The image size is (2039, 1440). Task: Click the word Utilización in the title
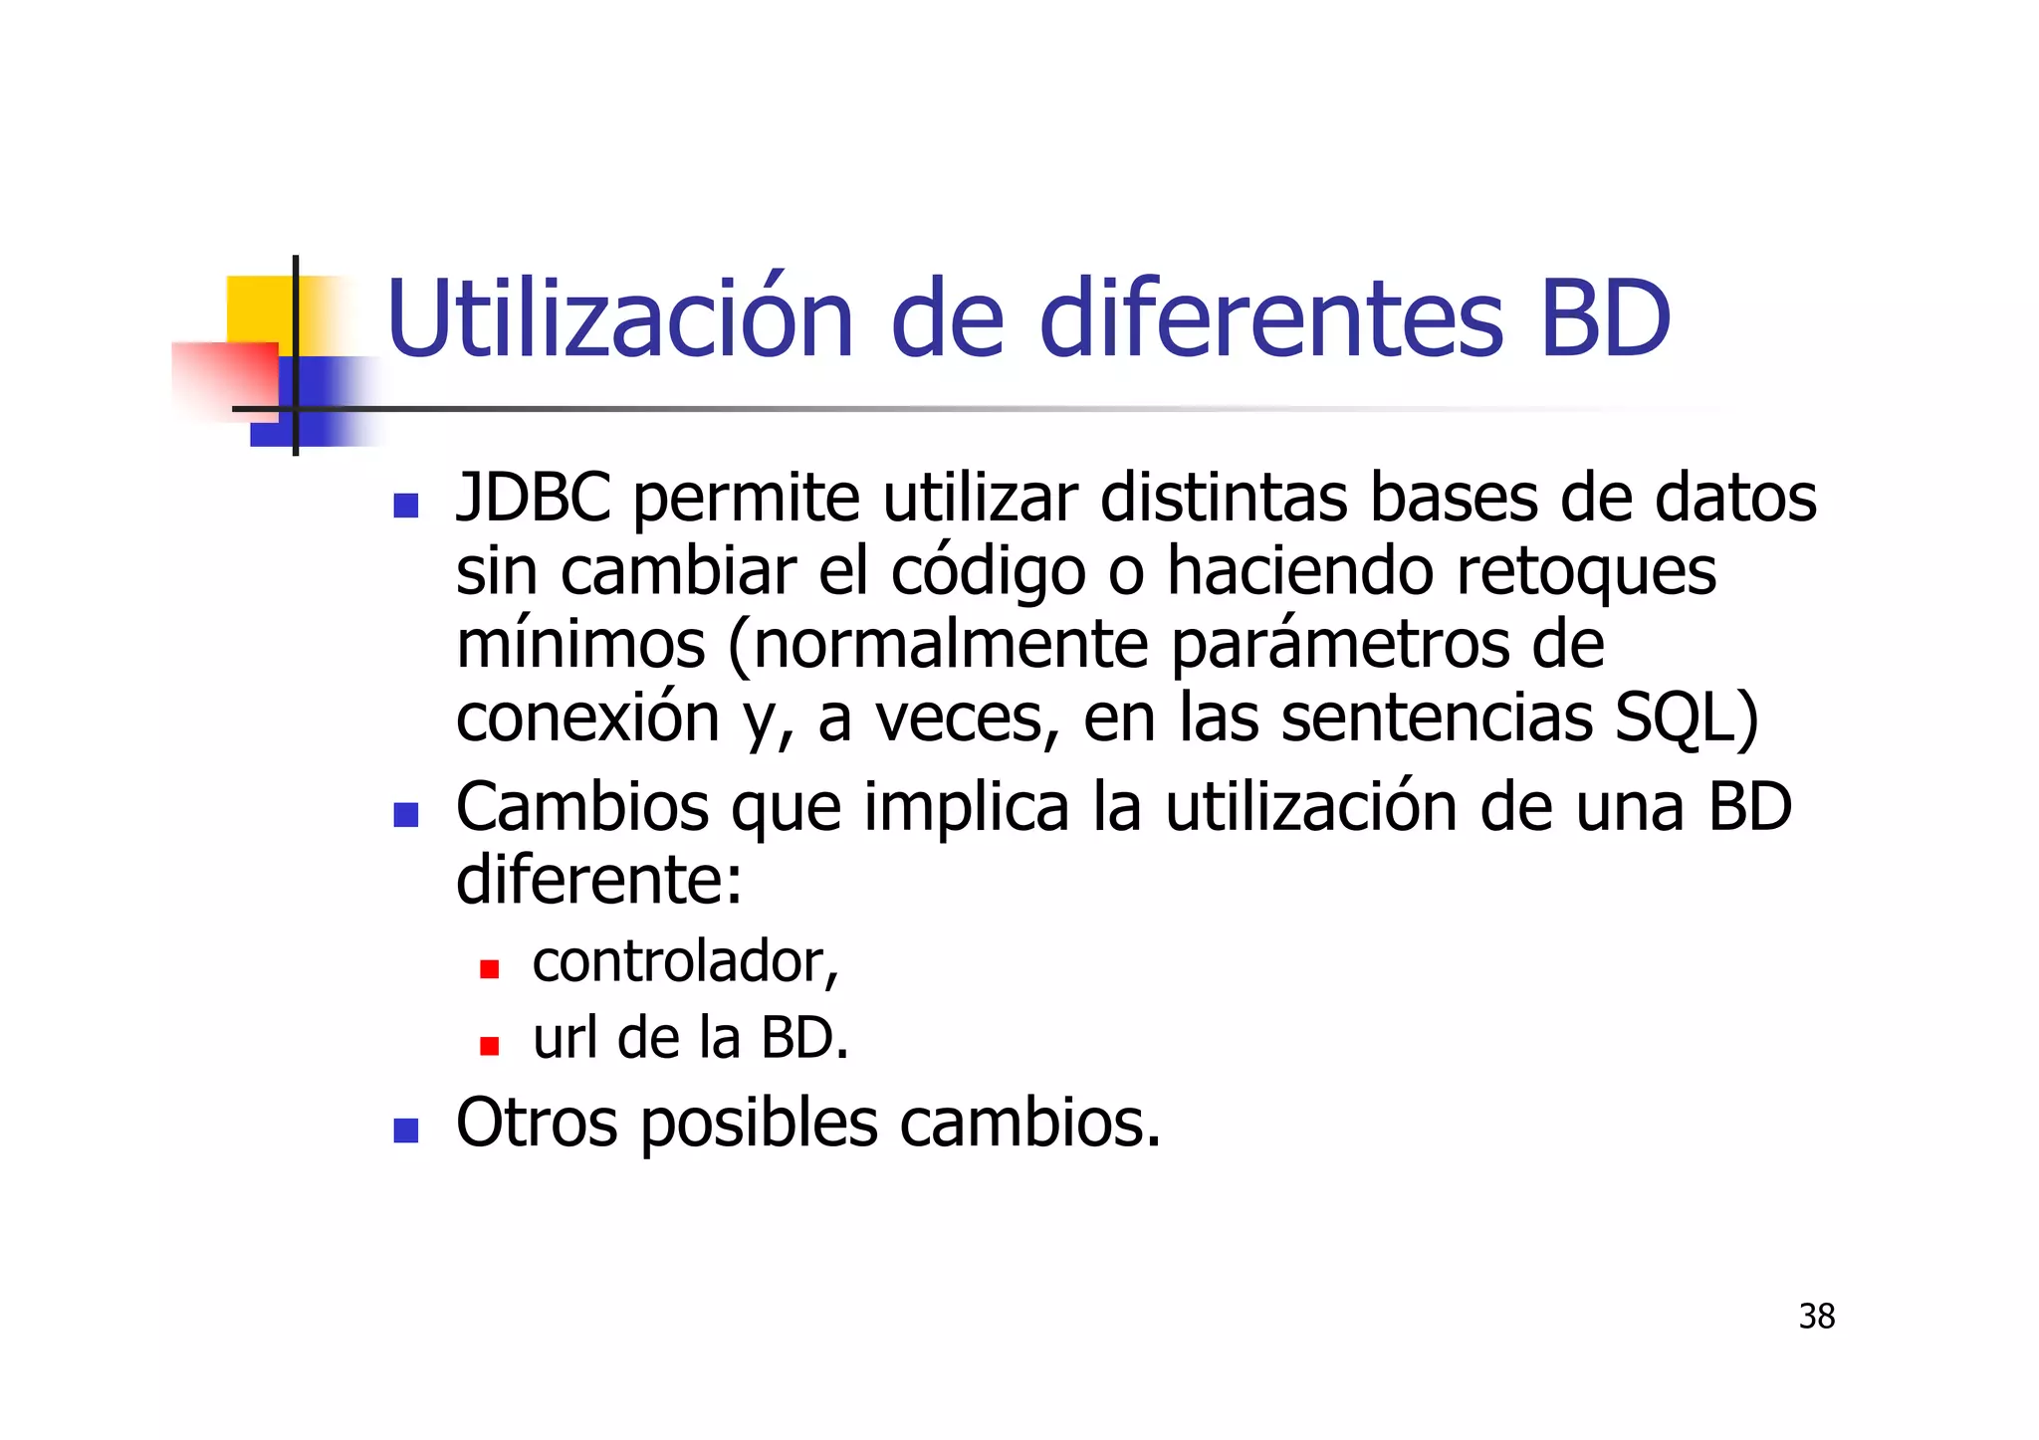(619, 318)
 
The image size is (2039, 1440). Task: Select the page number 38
(1816, 1317)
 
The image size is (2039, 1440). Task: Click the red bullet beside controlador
(489, 969)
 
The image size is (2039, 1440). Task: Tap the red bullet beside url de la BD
(489, 1046)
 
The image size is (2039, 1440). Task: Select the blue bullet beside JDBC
(406, 506)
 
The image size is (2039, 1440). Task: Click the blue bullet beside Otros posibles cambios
(406, 1131)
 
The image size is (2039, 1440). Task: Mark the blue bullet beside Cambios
(406, 815)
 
